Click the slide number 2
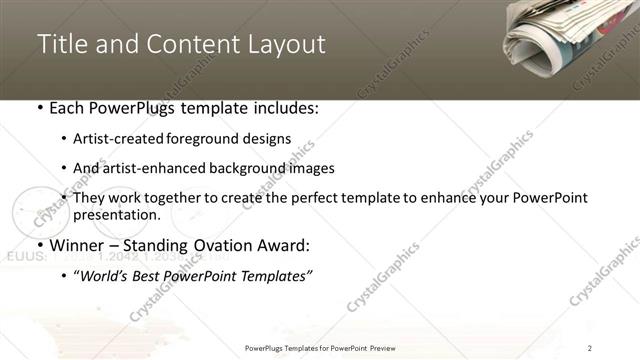point(590,347)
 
